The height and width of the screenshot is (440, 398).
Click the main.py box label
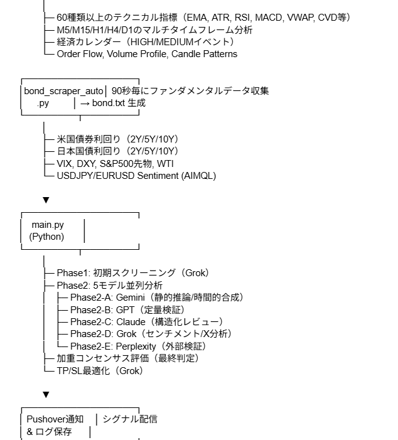48,225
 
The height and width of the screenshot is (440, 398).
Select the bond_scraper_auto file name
64,91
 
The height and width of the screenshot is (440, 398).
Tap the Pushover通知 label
55,419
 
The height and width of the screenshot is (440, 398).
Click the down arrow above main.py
45,200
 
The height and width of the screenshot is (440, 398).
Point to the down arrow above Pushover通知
45,395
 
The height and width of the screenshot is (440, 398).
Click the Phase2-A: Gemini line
156,297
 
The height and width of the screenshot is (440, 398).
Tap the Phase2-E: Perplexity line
137,346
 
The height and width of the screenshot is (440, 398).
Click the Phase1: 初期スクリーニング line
132,273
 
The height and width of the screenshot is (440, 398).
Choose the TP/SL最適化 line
100,370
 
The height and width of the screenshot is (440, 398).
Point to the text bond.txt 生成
119,103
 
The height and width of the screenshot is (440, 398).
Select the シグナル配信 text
130,419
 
